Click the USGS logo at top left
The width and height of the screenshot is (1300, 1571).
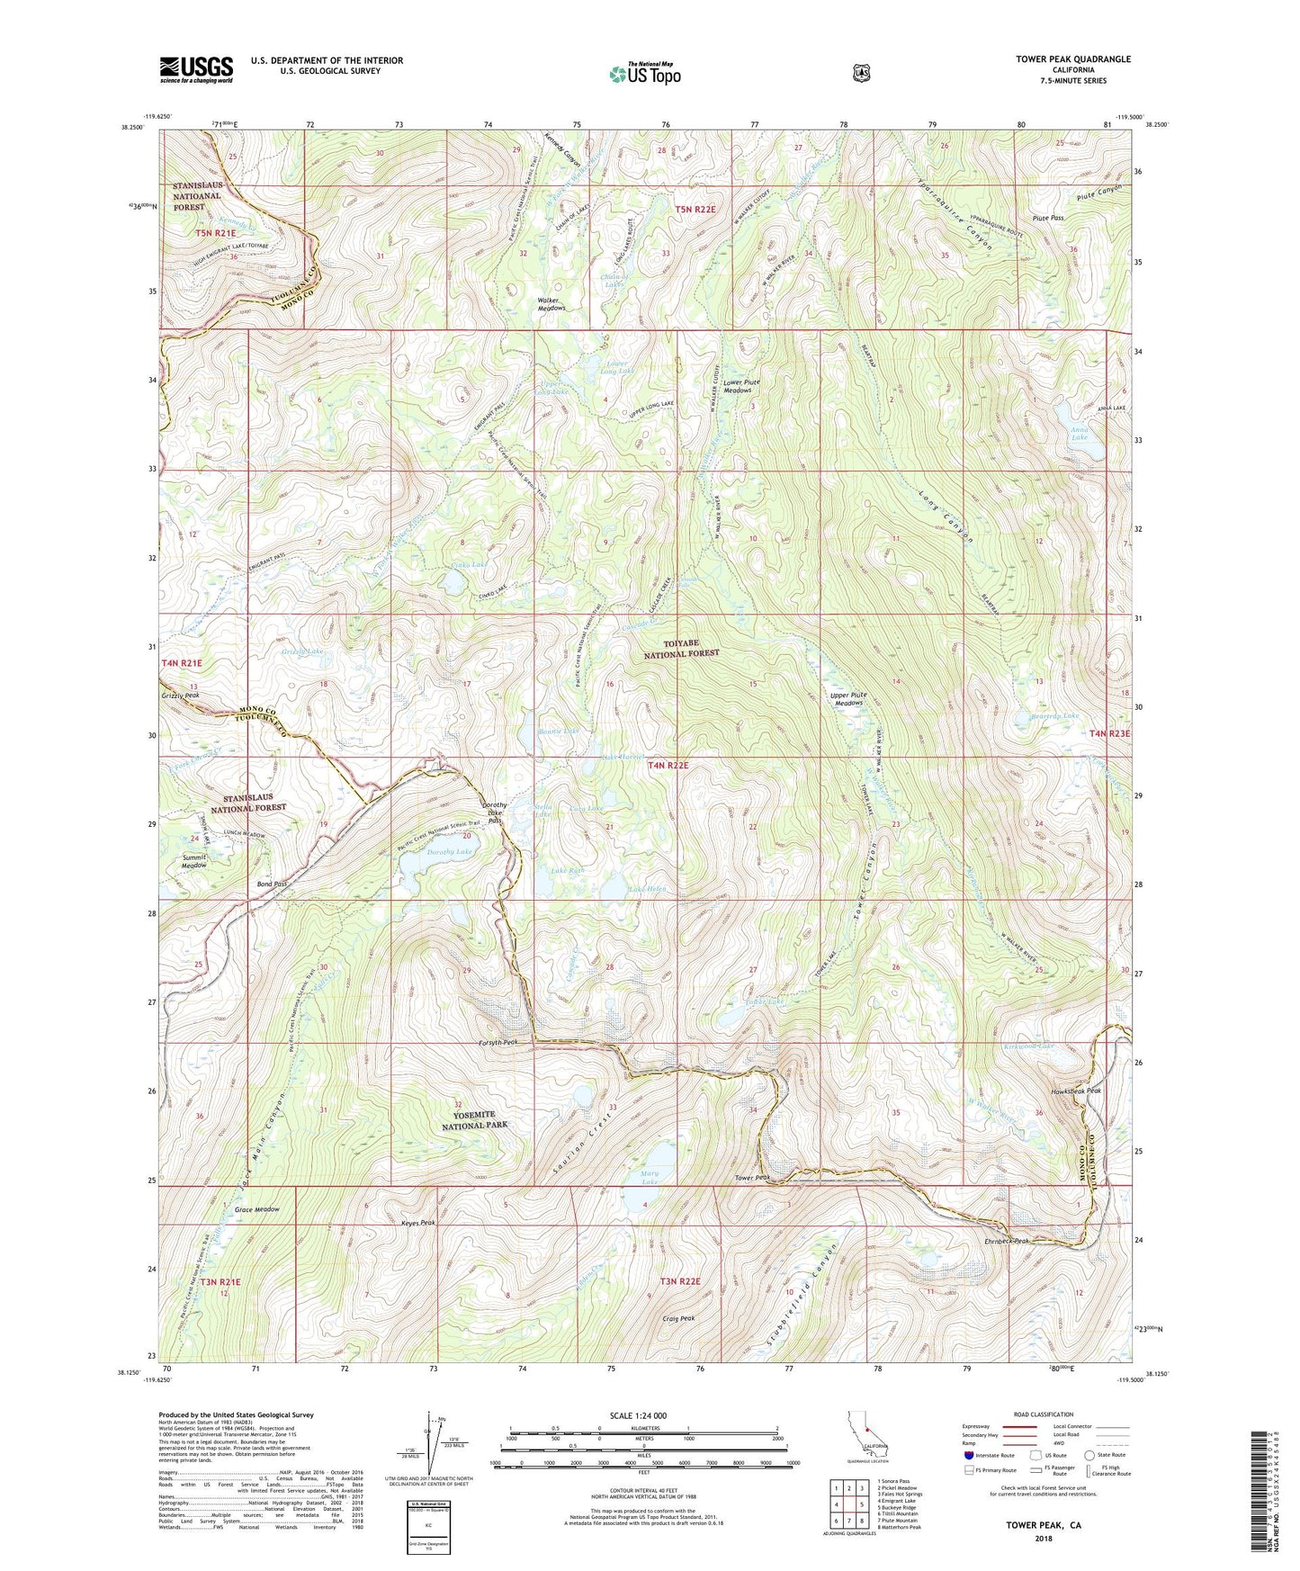click(x=196, y=69)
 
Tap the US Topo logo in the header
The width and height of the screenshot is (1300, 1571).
click(x=645, y=74)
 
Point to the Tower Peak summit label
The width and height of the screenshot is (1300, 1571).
click(x=752, y=1178)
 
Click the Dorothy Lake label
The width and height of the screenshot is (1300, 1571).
click(x=450, y=851)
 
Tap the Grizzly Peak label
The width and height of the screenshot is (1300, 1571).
click(x=180, y=696)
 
